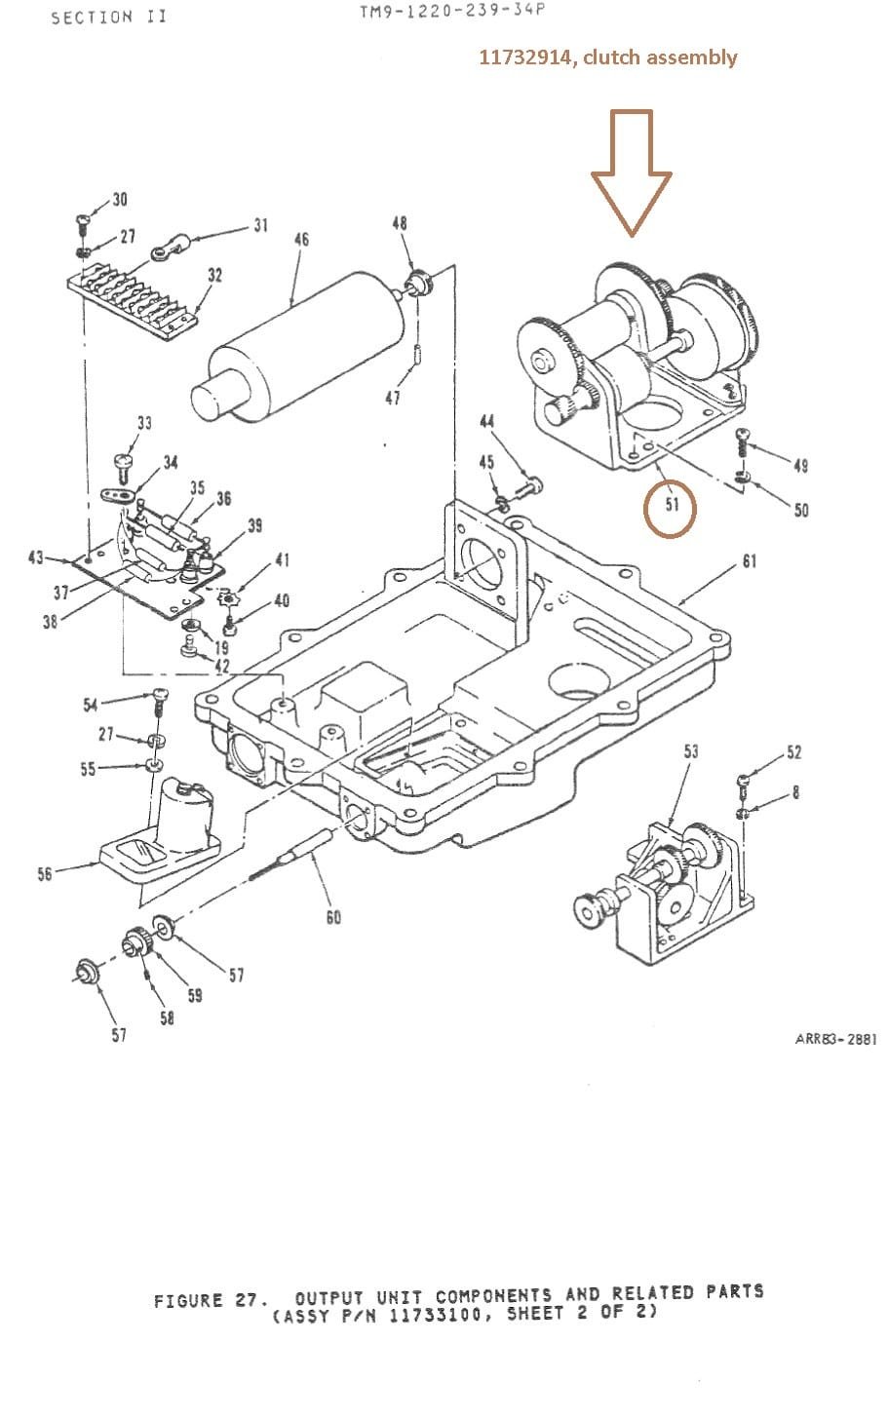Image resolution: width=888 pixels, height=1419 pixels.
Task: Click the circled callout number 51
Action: coord(672,505)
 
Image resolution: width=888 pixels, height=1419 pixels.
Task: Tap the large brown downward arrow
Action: coord(632,173)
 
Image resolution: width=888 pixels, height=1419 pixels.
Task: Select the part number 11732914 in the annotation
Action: coord(525,58)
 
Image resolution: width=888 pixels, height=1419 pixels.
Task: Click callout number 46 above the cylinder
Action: coord(301,240)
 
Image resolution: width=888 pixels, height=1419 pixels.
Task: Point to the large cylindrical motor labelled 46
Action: coord(298,349)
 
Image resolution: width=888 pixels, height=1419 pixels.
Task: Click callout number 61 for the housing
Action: coord(750,561)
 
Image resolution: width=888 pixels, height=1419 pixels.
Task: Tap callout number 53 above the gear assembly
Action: coord(691,751)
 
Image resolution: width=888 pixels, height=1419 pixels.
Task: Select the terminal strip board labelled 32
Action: coord(133,301)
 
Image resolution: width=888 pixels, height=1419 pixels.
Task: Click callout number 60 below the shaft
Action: coord(333,917)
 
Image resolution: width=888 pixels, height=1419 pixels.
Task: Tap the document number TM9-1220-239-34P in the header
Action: coord(452,11)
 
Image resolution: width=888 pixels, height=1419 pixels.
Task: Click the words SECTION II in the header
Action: coord(109,18)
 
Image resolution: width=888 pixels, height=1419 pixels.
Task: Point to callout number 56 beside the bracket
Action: coord(44,875)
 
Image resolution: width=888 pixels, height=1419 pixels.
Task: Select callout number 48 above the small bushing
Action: coord(399,223)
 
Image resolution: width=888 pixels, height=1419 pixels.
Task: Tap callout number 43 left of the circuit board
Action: coord(36,557)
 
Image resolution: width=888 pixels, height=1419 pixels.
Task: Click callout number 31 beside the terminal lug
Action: coord(261,225)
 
